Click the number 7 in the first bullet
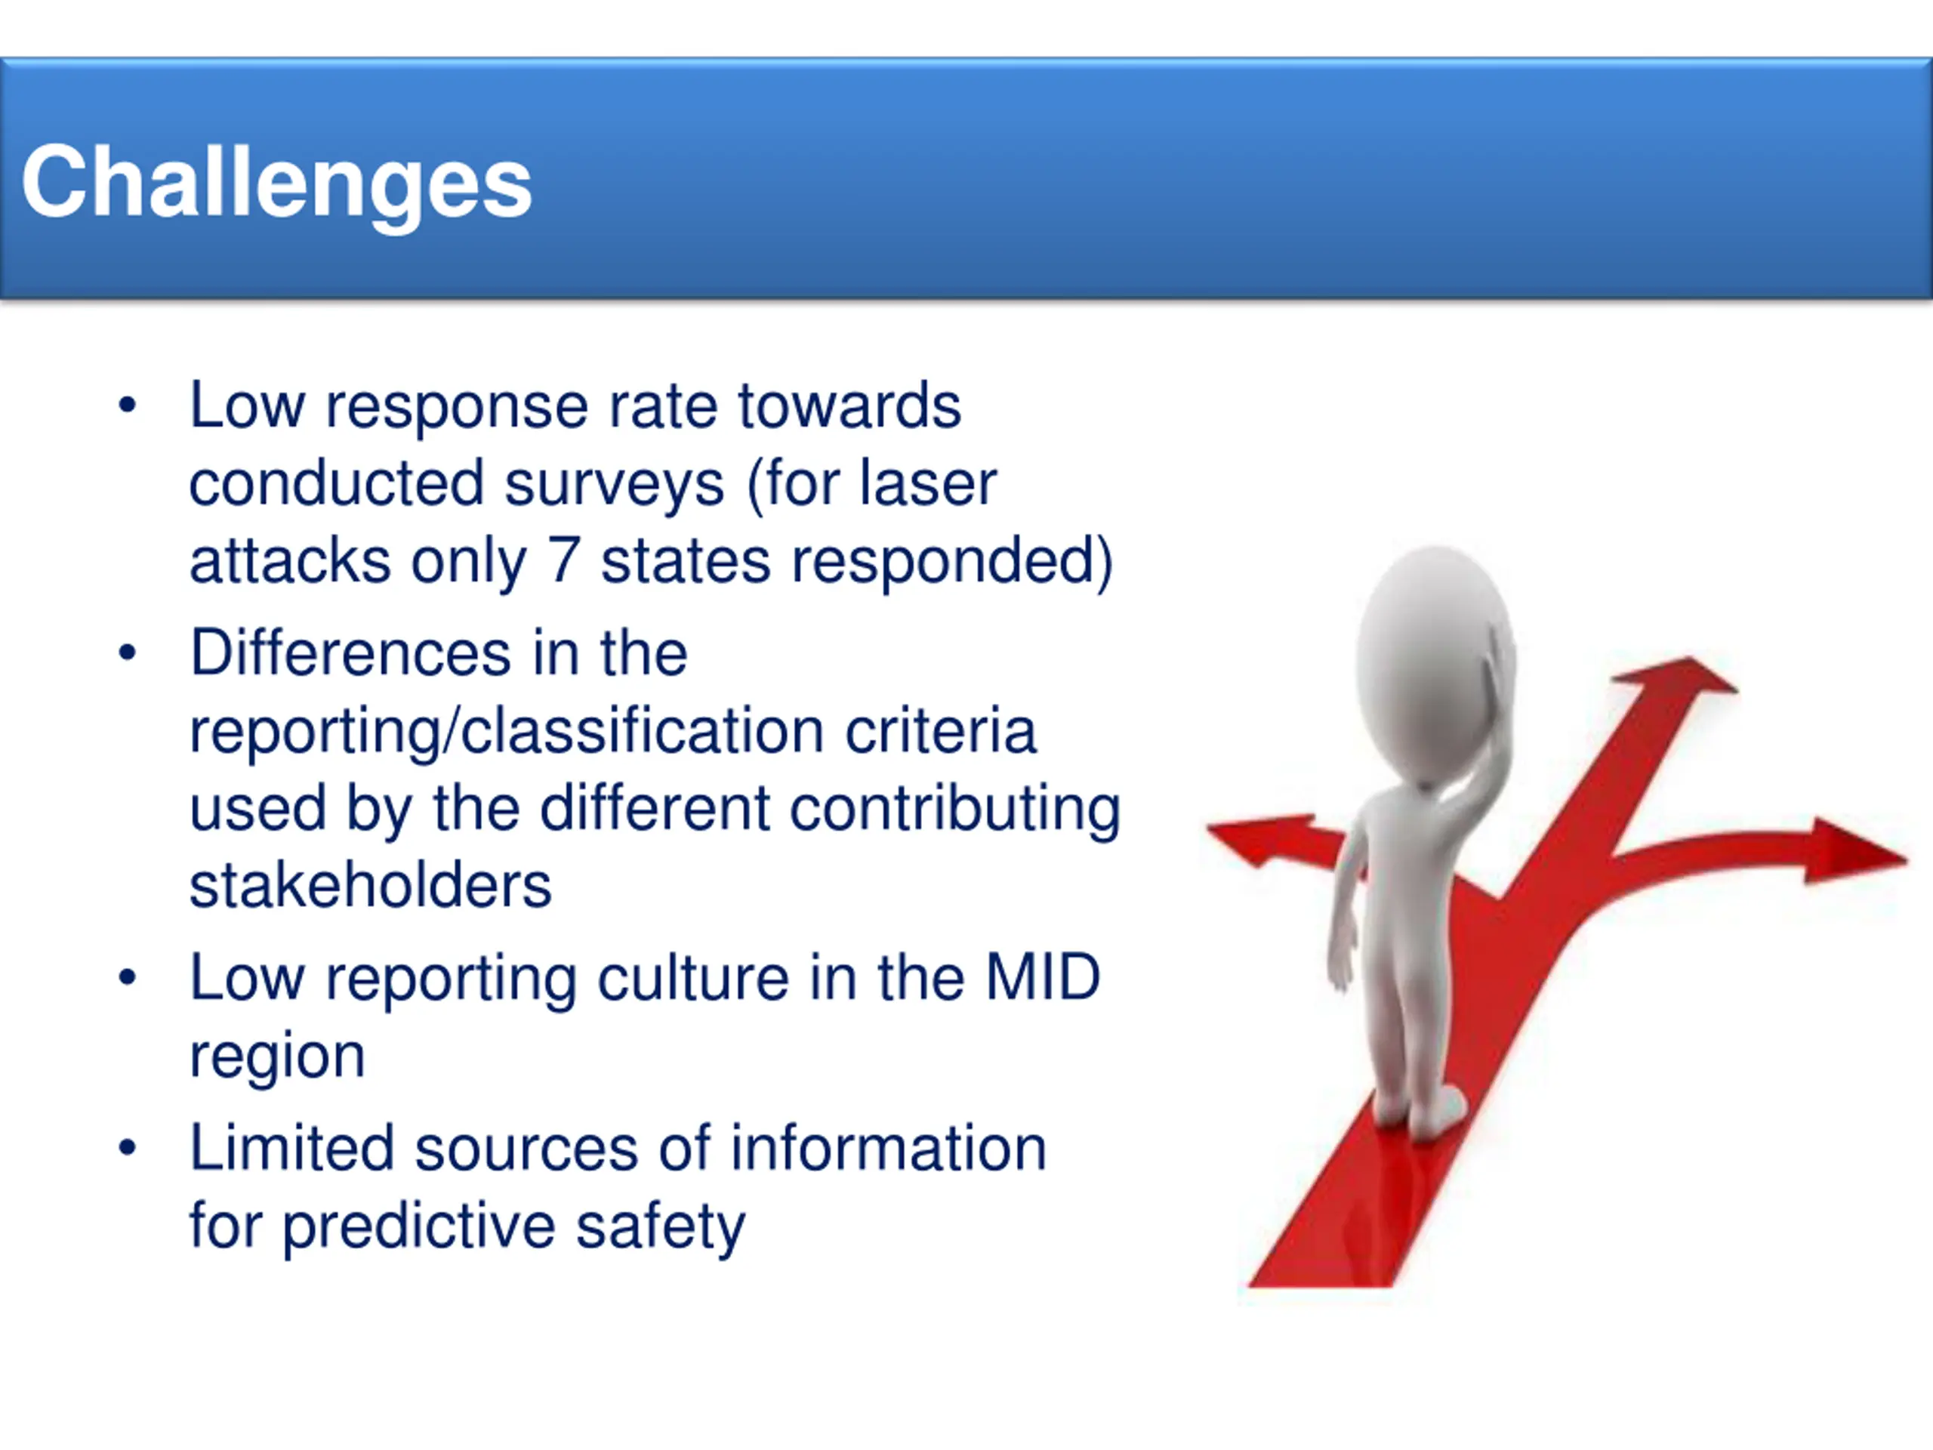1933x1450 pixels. coord(563,560)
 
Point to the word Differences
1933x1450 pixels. coord(350,653)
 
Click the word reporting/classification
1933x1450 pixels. coord(507,733)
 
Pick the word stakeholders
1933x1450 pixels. coord(371,885)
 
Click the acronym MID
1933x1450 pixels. coord(1043,977)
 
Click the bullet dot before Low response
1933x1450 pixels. coord(128,405)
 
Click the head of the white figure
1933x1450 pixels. coord(1434,662)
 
